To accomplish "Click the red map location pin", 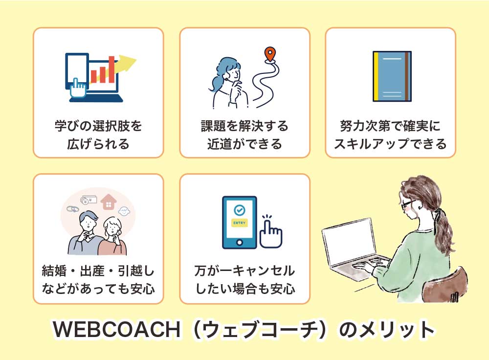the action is click(x=270, y=54).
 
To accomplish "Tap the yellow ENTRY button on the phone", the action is click(x=240, y=223).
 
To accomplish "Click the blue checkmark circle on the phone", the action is click(x=240, y=210).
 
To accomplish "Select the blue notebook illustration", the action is click(x=392, y=76).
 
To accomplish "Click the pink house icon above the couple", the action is click(x=108, y=202).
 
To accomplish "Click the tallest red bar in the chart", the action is click(x=111, y=69).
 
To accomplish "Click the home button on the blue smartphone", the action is click(x=239, y=243).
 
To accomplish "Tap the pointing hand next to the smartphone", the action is click(x=271, y=232).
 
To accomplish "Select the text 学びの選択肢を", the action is click(x=98, y=126).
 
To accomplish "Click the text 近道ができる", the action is click(x=244, y=144).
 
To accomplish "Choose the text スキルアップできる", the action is click(x=390, y=144).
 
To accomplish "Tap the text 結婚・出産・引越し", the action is click(x=98, y=270).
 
